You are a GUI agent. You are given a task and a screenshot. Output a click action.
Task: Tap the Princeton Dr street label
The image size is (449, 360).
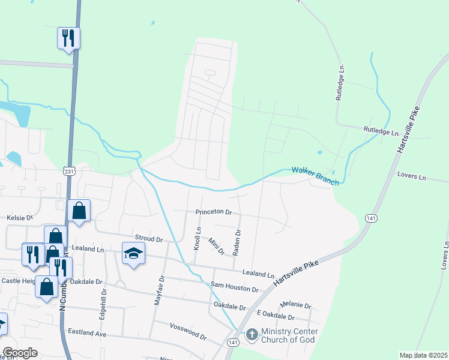[x=213, y=212]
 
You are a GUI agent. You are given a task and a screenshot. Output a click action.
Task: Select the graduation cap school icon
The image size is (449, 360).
[x=134, y=253]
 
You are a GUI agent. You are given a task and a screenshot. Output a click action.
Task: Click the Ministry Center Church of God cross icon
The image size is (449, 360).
[x=252, y=334]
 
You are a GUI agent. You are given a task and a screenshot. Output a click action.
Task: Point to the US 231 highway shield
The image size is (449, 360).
[x=68, y=171]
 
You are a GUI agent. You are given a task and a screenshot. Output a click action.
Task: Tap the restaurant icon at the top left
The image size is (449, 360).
[x=68, y=38]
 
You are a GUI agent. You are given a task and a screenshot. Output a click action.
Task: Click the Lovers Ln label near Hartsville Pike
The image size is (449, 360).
[x=411, y=177]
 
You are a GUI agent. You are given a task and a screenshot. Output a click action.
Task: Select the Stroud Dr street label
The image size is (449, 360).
[x=149, y=239]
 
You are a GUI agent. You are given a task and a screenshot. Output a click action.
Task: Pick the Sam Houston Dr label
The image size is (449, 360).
[x=234, y=287]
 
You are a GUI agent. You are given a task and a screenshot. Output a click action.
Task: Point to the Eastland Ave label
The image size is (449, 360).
[x=86, y=332]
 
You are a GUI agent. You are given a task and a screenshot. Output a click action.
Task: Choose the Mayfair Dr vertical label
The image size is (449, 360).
[x=159, y=291]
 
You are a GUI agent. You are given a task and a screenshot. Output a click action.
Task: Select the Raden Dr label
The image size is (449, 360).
[x=238, y=241]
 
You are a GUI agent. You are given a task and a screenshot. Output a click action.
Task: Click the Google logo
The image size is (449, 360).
[x=20, y=353]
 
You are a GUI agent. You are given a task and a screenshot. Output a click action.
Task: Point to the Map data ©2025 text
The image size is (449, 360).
[x=423, y=355]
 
